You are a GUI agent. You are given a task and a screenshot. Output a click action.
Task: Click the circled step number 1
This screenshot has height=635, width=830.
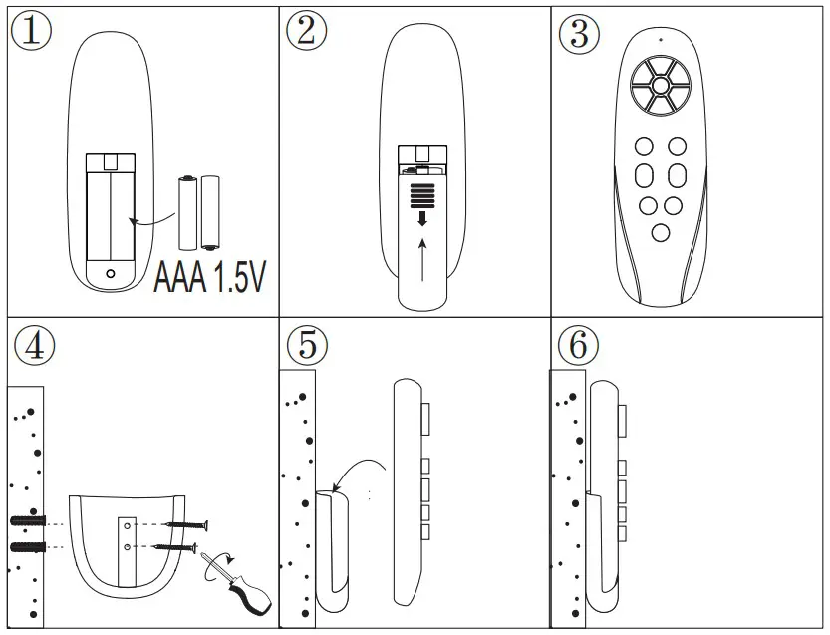31,31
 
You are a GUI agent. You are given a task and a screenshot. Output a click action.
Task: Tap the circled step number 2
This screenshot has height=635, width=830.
306,31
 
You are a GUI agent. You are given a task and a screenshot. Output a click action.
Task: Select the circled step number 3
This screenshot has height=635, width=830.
579,32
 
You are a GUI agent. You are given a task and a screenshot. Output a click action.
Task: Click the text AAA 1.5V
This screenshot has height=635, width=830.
210,278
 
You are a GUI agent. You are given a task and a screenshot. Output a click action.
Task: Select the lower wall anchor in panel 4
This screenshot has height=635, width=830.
29,548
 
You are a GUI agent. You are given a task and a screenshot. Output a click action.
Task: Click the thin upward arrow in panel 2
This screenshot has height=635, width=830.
422,260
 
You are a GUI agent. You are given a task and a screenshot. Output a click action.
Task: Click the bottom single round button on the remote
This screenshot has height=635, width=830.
660,233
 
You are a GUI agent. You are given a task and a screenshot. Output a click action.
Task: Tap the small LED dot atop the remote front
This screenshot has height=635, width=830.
659,40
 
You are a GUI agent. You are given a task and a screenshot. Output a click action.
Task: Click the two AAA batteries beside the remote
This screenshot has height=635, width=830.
198,211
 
